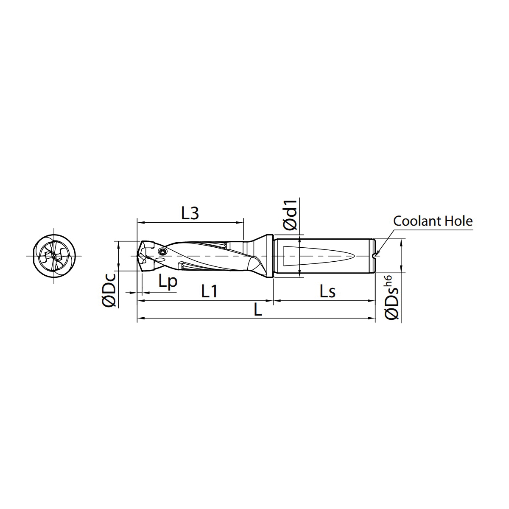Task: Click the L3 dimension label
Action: click(190, 213)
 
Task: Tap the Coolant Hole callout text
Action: click(433, 221)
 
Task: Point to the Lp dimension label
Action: click(168, 281)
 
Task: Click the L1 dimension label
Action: click(210, 291)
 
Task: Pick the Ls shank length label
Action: click(327, 291)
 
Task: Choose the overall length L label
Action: click(258, 309)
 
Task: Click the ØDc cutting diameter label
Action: click(109, 290)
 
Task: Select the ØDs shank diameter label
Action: click(392, 304)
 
